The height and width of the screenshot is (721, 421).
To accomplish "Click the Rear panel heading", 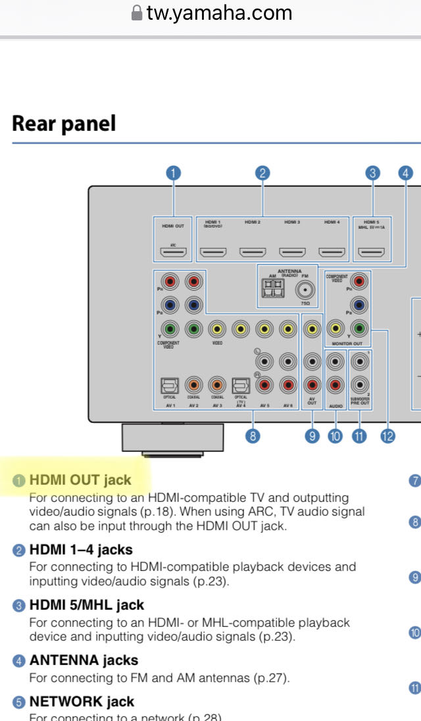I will (64, 124).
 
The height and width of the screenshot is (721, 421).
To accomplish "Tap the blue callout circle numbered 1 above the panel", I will (173, 173).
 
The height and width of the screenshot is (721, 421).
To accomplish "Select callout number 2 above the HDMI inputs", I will (262, 173).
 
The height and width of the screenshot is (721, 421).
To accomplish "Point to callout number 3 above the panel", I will (373, 173).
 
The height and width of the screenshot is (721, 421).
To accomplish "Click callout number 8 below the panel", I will (251, 435).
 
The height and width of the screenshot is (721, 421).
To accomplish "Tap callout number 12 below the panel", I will (387, 435).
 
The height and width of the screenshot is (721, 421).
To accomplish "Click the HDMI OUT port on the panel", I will (173, 251).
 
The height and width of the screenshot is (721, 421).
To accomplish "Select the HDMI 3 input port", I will (292, 251).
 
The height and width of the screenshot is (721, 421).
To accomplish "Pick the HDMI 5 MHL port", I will (372, 251).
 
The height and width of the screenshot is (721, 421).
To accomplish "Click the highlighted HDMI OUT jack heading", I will (80, 480).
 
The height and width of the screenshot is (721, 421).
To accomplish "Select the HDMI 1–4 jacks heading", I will (80, 549).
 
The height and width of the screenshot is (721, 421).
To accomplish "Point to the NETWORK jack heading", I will (82, 702).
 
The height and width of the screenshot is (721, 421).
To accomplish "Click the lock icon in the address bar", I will (137, 13).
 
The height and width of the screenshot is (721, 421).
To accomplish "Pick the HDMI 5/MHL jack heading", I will (86, 605).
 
